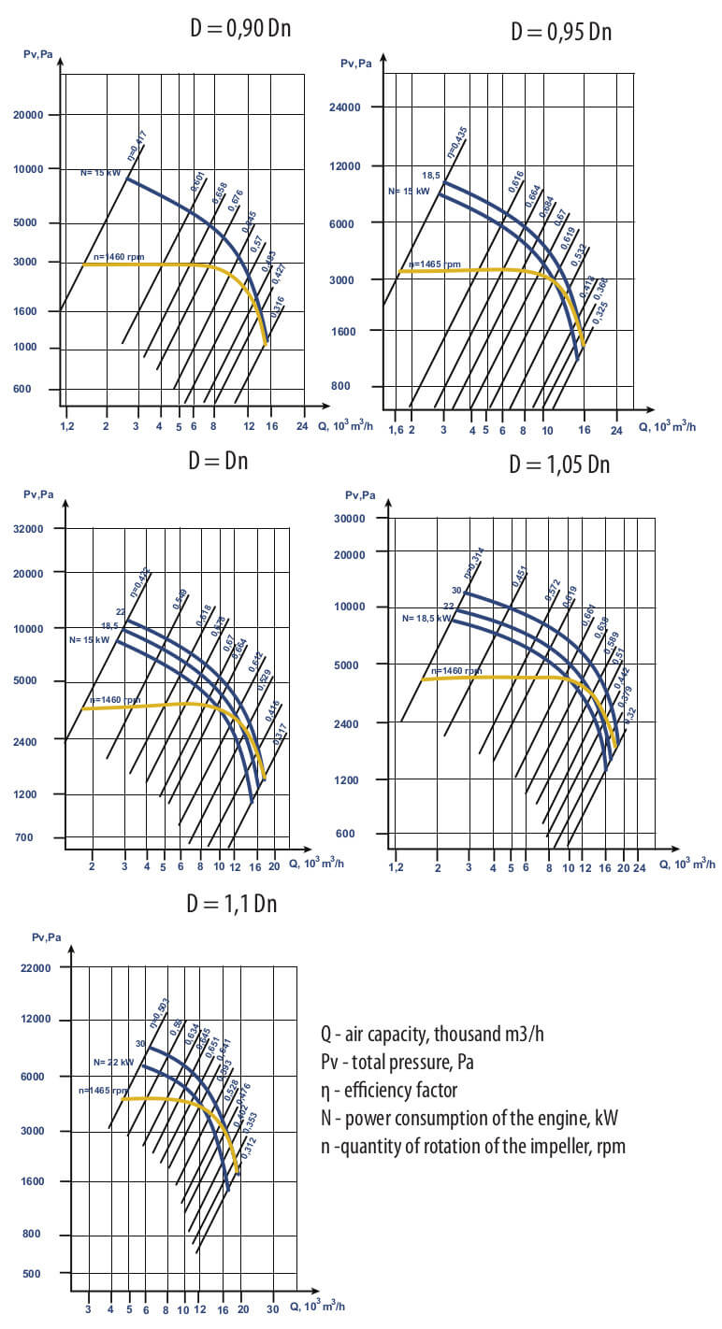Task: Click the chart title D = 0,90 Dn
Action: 239,27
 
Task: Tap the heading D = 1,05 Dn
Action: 559,464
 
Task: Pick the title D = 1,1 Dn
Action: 232,904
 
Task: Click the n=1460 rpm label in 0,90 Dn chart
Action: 119,257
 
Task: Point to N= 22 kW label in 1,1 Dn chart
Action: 113,1063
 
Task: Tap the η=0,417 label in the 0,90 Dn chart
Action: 137,148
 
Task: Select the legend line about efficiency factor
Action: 389,1090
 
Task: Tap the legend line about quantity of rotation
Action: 472,1146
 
